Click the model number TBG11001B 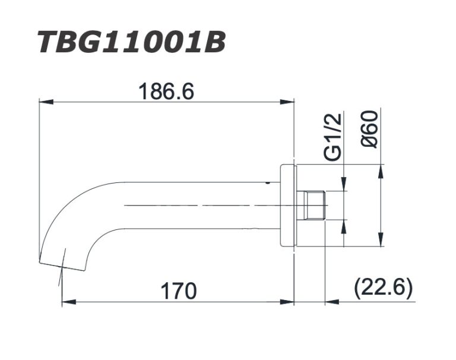[x=131, y=43]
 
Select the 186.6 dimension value [x=166, y=91]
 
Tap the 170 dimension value [x=179, y=291]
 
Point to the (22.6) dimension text [x=382, y=289]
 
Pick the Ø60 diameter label [x=369, y=129]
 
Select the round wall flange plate [x=287, y=205]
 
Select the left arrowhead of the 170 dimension [x=66, y=302]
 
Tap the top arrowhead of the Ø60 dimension [x=381, y=169]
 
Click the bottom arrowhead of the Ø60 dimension [x=381, y=242]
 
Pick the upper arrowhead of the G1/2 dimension [x=344, y=187]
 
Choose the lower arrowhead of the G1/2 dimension [x=344, y=223]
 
